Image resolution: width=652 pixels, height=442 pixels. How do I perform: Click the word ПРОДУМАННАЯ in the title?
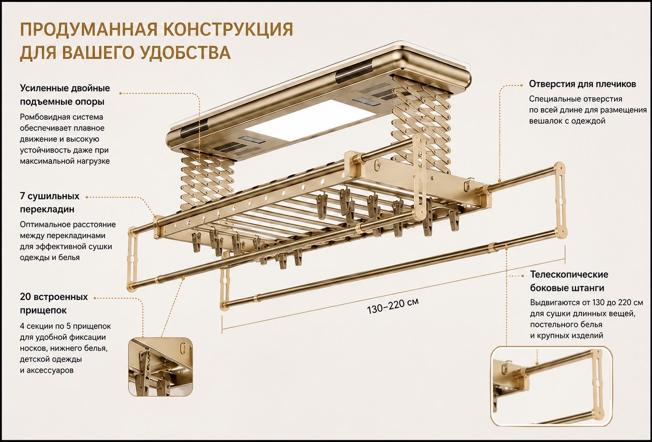(x=86, y=30)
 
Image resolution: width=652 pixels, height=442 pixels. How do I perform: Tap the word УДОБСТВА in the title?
(x=186, y=53)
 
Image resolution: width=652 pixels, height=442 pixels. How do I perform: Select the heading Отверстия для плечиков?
(x=582, y=84)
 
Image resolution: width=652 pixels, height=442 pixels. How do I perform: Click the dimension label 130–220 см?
(x=393, y=306)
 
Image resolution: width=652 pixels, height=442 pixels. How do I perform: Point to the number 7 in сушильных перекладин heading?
(x=22, y=196)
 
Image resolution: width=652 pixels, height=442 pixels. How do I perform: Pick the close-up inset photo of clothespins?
(x=161, y=367)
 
